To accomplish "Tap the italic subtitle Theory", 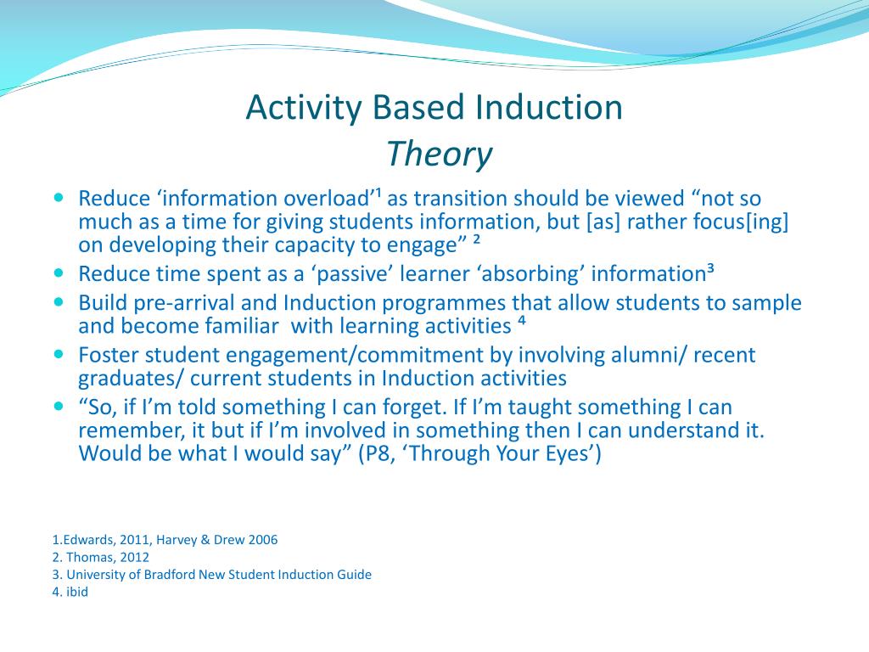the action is (439, 155).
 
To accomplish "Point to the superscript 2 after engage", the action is (476, 239).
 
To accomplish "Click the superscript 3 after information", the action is (710, 269).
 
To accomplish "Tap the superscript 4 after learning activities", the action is (522, 320).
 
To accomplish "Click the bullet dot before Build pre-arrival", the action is (59, 302).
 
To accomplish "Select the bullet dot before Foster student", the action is (59, 354).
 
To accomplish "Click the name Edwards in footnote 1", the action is (88, 540).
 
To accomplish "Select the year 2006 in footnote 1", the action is (263, 540).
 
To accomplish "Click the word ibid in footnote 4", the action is (77, 592).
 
